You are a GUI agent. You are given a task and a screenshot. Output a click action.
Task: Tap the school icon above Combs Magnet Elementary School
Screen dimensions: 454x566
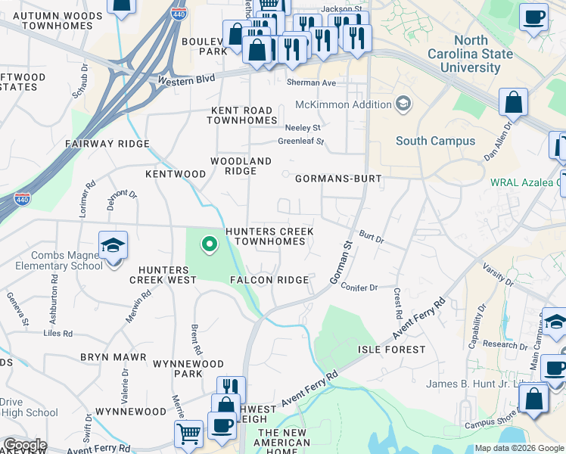pyautogui.click(x=113, y=246)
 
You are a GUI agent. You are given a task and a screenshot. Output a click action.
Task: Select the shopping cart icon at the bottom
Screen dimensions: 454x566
pyautogui.click(x=188, y=434)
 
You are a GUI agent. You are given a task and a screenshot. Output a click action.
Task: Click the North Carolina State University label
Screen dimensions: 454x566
pyautogui.click(x=470, y=54)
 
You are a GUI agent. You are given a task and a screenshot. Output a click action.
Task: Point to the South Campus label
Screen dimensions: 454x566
pyautogui.click(x=435, y=141)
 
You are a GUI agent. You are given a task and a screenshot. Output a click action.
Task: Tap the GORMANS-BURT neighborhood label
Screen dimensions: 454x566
pyautogui.click(x=337, y=179)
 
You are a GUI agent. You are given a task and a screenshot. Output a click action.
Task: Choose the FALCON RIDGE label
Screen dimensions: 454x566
pyautogui.click(x=269, y=280)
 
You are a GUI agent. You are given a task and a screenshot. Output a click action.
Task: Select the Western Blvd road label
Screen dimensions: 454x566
pyautogui.click(x=187, y=79)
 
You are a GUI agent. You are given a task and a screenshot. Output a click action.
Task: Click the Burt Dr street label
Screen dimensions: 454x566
pyautogui.click(x=372, y=238)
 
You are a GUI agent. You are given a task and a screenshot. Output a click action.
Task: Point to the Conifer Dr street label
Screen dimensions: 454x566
pyautogui.click(x=359, y=288)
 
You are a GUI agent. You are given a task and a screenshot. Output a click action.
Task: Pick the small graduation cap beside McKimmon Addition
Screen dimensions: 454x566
pyautogui.click(x=403, y=103)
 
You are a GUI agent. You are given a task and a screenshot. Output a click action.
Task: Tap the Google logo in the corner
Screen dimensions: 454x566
pyautogui.click(x=24, y=445)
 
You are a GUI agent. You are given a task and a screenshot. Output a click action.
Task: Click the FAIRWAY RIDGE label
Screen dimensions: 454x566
pyautogui.click(x=107, y=144)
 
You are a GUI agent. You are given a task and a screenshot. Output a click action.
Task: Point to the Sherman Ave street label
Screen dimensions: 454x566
pyautogui.click(x=310, y=82)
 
